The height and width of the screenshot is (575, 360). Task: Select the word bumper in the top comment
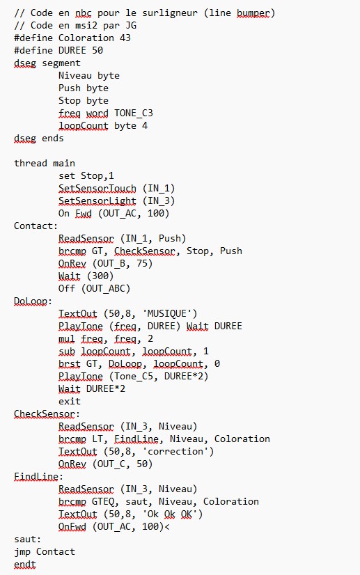[x=253, y=13]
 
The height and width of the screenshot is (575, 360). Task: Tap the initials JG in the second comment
[x=131, y=26]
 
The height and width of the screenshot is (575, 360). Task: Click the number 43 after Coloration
[x=125, y=38]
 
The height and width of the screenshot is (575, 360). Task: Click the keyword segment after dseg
[x=61, y=63]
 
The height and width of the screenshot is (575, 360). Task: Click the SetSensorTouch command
[x=97, y=189]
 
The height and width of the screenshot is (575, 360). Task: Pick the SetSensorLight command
[x=97, y=201]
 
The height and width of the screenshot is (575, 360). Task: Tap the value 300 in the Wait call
[x=100, y=276]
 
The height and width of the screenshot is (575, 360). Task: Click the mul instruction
[x=66, y=338]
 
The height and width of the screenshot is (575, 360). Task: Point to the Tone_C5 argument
[x=134, y=377]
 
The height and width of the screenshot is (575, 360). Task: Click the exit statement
[x=70, y=401]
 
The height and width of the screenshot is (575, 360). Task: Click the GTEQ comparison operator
[x=103, y=502]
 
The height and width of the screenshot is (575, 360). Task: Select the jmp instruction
[x=22, y=552]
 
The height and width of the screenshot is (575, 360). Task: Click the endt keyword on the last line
[x=25, y=565]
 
